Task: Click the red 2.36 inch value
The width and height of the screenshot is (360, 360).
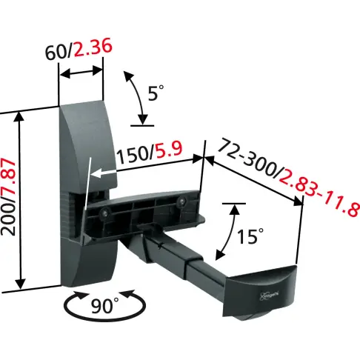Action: (93, 47)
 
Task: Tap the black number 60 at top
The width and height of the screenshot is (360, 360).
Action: (56, 53)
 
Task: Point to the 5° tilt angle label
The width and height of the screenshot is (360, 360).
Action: (156, 93)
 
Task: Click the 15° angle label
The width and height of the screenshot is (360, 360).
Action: (250, 236)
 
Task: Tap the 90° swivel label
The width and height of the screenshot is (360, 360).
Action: (105, 306)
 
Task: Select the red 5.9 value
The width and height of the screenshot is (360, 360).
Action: (169, 150)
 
